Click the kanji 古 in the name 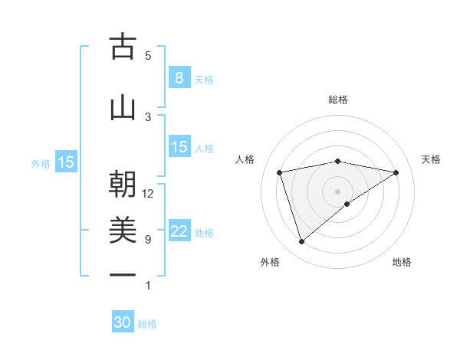pyautogui.click(x=123, y=47)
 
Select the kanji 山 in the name pyautogui.click(x=123, y=107)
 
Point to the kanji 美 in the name pyautogui.click(x=123, y=231)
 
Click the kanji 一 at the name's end pyautogui.click(x=123, y=275)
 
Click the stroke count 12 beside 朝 pyautogui.click(x=148, y=194)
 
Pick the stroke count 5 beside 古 pyautogui.click(x=148, y=55)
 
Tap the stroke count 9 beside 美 pyautogui.click(x=148, y=239)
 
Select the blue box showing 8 pyautogui.click(x=179, y=78)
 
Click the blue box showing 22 pyautogui.click(x=179, y=232)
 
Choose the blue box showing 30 pyautogui.click(x=123, y=322)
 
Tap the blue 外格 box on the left pyautogui.click(x=65, y=162)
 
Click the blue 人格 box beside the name pyautogui.click(x=179, y=147)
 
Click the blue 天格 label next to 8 pyautogui.click(x=204, y=80)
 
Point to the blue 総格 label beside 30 pyautogui.click(x=147, y=324)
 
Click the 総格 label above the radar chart pyautogui.click(x=338, y=100)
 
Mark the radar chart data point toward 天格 pyautogui.click(x=396, y=172)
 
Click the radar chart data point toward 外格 pyautogui.click(x=301, y=241)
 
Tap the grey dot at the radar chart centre pyautogui.click(x=338, y=190)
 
